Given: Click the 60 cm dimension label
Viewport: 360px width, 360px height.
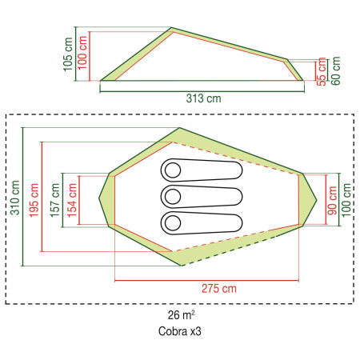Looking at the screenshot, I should [336, 70].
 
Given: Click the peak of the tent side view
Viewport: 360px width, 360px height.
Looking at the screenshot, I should [172, 30].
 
